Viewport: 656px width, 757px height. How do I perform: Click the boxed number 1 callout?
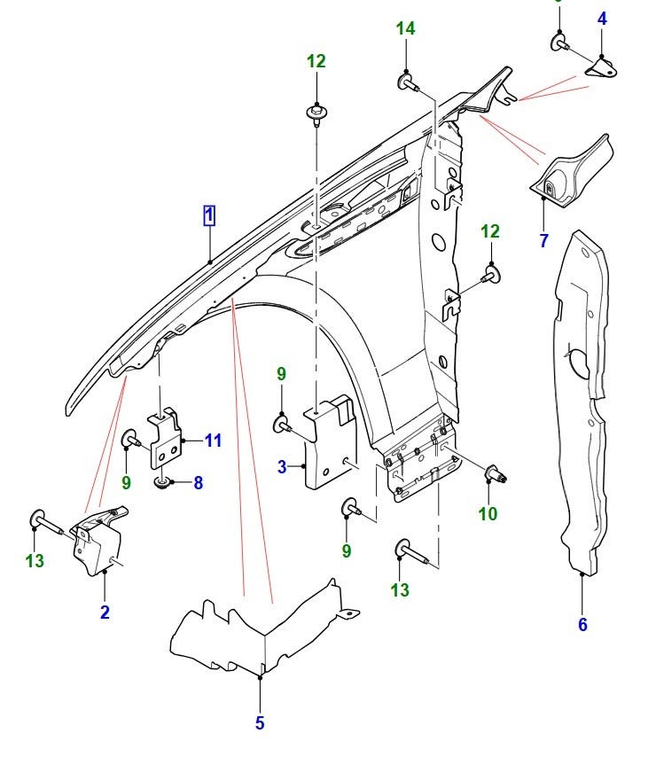click(x=209, y=215)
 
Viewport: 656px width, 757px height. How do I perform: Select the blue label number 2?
click(x=105, y=612)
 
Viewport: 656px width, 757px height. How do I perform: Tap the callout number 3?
click(x=281, y=467)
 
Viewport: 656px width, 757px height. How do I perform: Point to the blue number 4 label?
click(x=602, y=18)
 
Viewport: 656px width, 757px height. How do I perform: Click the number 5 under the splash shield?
click(x=260, y=723)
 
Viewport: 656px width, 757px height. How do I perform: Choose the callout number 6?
click(x=582, y=625)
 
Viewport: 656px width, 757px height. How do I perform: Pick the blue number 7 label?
click(x=543, y=239)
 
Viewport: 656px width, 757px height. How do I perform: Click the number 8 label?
click(x=198, y=483)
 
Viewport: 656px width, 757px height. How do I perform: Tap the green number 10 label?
click(x=488, y=513)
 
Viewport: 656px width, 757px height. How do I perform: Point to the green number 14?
click(x=405, y=29)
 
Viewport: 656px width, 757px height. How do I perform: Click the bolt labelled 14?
click(x=408, y=83)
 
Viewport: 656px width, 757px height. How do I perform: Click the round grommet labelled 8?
click(x=162, y=483)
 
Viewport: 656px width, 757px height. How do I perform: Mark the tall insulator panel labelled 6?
click(x=581, y=399)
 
